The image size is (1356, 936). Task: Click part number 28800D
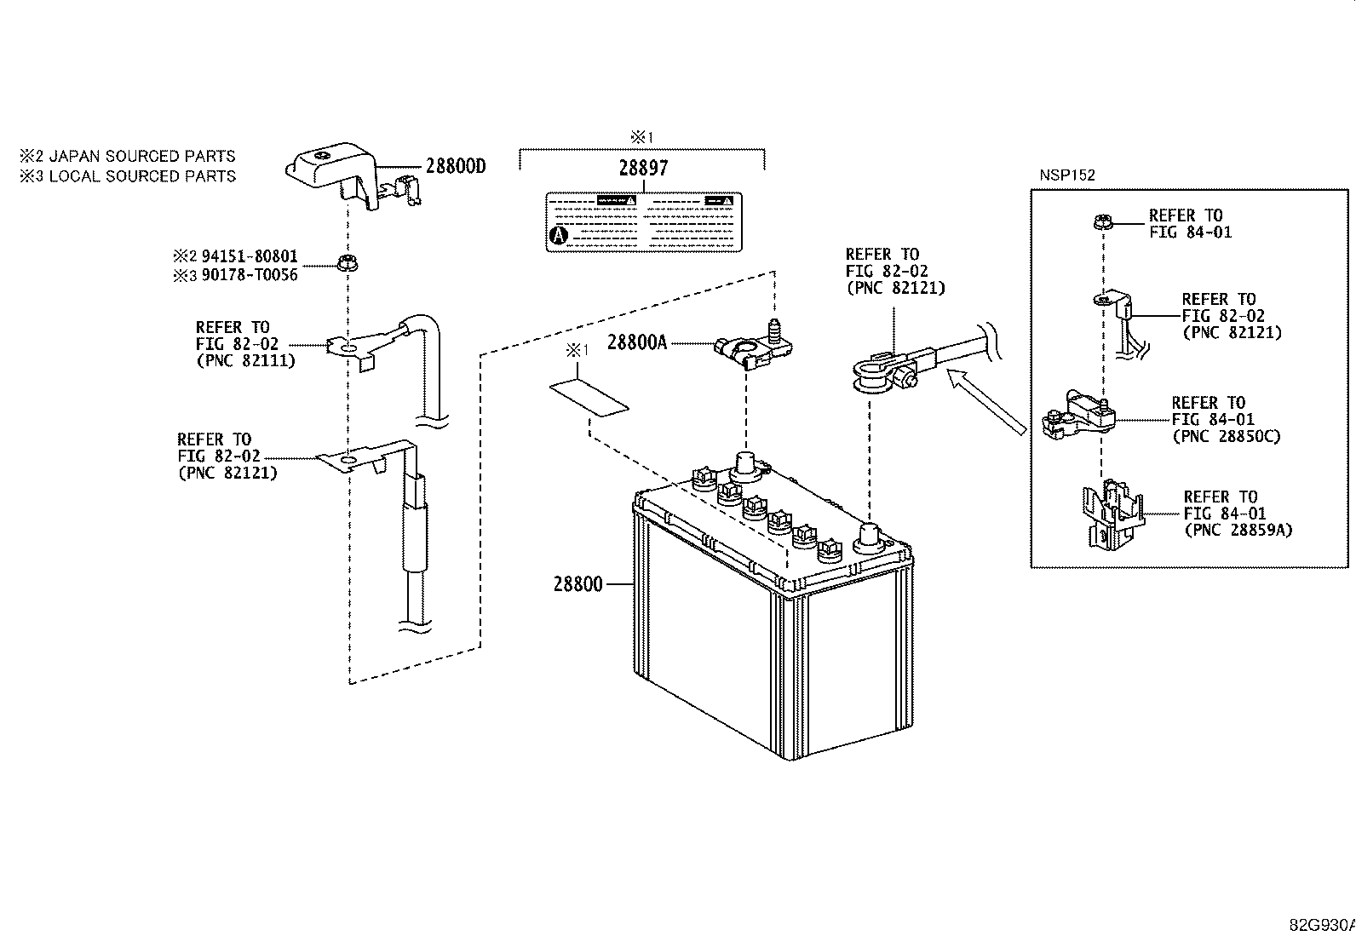coord(455,166)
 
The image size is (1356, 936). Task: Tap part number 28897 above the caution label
coord(643,168)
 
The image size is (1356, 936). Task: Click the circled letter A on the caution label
coord(558,235)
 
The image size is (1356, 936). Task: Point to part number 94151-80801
coord(250,256)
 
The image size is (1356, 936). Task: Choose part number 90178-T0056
coord(250,275)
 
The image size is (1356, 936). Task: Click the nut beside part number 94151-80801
coord(348,263)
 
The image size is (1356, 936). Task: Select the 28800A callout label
coord(637,342)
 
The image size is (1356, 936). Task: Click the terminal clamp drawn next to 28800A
coord(753,346)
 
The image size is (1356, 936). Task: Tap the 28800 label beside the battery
coord(578,584)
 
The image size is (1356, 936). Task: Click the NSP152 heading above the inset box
coord(1067,175)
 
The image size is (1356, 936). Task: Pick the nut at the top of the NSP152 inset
coord(1102,222)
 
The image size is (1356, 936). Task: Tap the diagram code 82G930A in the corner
coord(1322,925)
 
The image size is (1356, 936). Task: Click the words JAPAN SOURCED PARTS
coord(141,156)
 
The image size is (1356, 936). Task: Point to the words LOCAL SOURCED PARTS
coord(142,176)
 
